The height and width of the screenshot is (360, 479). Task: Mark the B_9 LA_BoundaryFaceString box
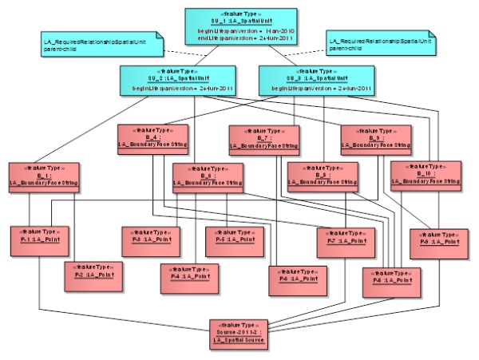pos(374,137)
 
